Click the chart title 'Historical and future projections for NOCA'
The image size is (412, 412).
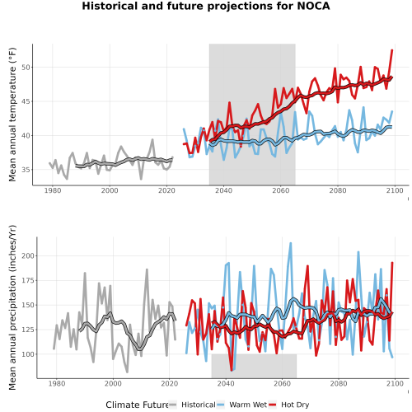tap(206, 6)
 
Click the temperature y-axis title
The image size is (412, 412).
tap(12, 115)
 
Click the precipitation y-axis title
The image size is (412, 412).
tap(12, 307)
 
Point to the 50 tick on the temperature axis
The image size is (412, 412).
tap(26, 68)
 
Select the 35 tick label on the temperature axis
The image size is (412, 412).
tap(26, 170)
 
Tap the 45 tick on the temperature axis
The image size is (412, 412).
tap(26, 101)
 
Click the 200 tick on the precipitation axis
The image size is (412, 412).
tap(28, 256)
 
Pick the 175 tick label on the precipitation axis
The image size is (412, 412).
tap(28, 280)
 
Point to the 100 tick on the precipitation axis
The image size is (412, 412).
tap(28, 354)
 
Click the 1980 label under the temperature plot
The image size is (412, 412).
tap(53, 190)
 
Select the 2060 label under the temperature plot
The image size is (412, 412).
tap(281, 190)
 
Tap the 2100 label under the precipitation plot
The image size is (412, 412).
tap(395, 383)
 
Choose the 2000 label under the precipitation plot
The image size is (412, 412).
tap(113, 383)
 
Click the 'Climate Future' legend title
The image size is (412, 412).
tap(137, 405)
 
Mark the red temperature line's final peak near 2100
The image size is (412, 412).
tap(392, 50)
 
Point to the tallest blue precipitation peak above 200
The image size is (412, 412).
tap(291, 243)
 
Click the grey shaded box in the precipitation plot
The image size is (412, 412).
tap(254, 366)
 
